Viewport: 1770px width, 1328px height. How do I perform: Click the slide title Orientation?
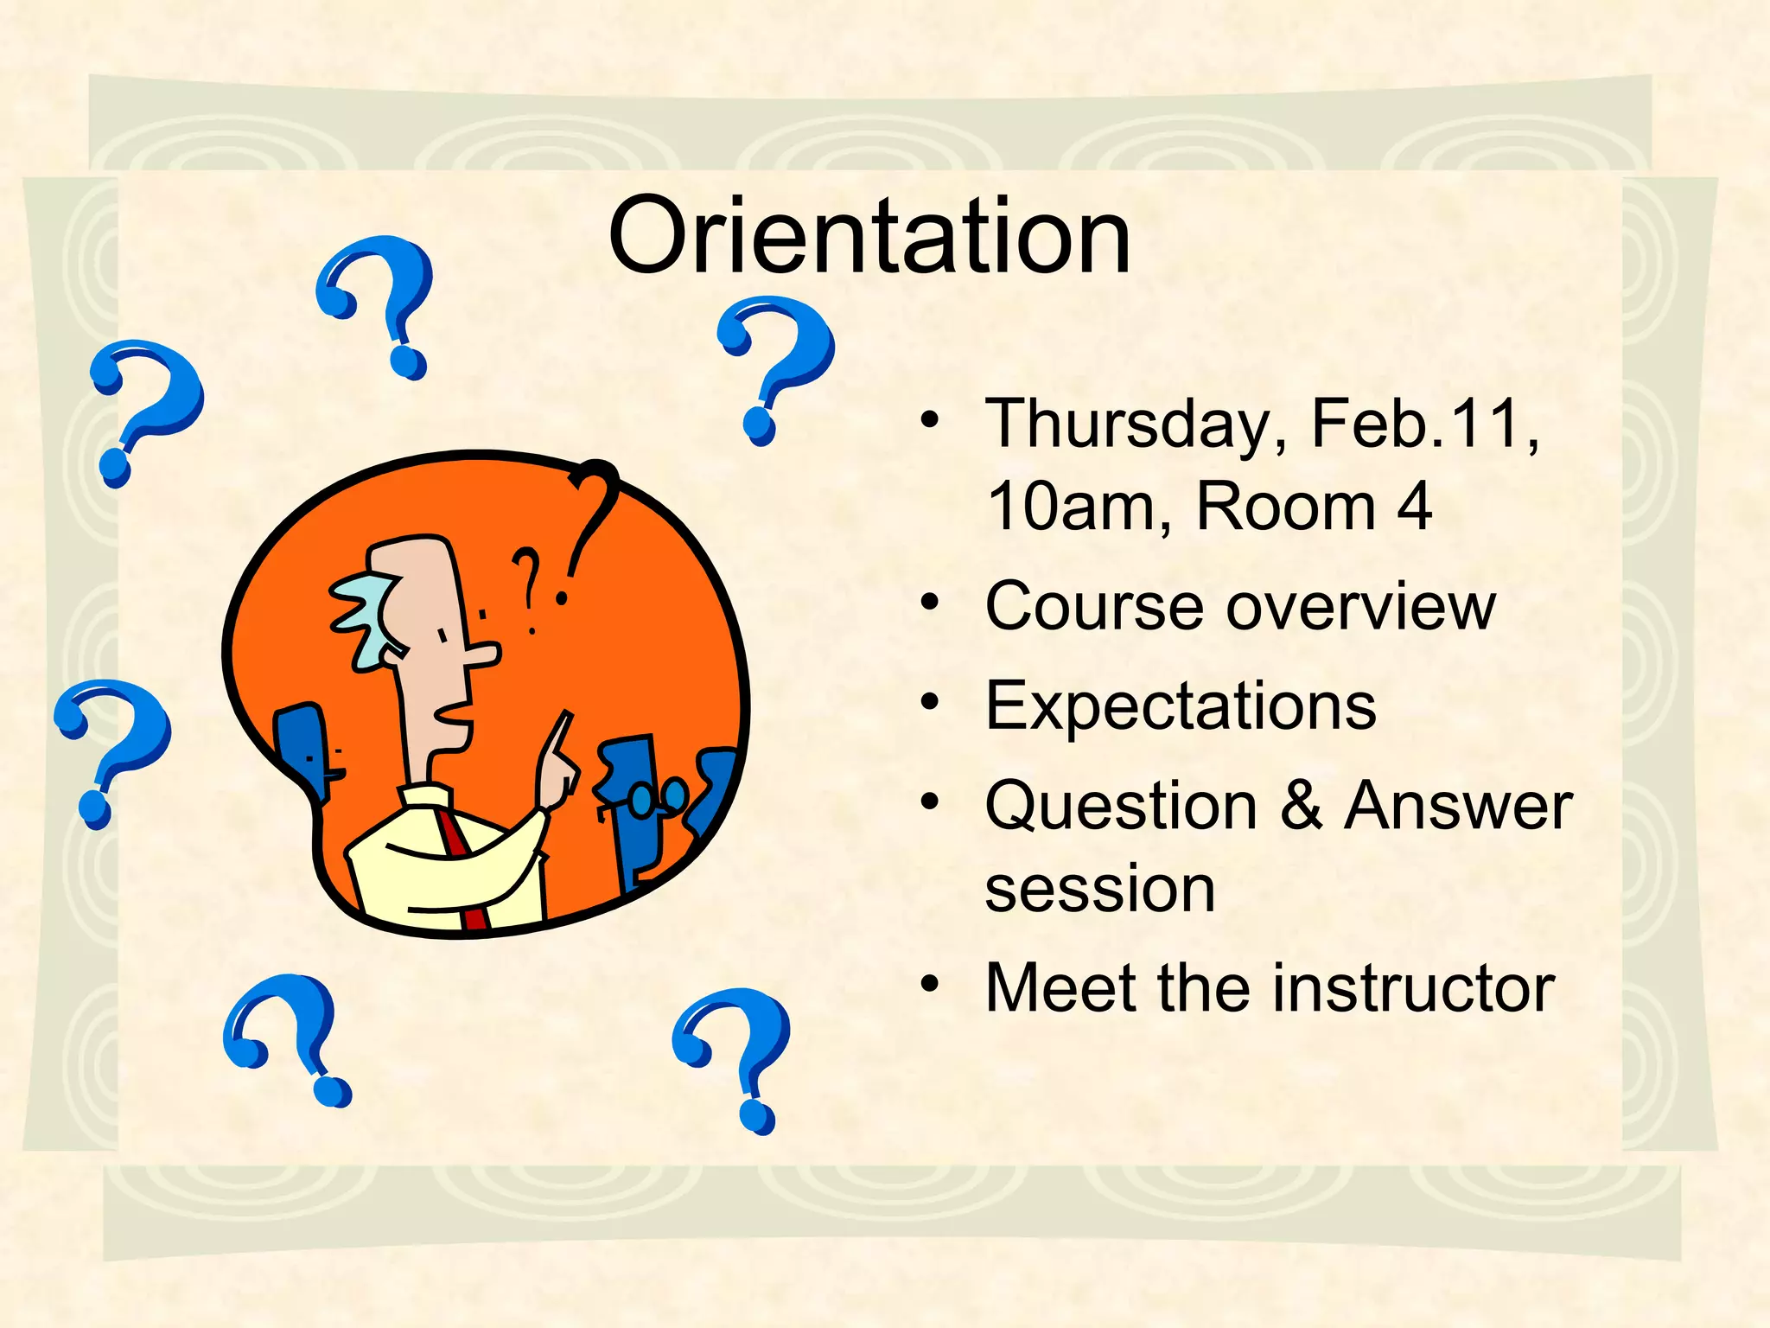point(869,236)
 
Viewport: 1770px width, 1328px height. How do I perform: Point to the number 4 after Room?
point(1414,507)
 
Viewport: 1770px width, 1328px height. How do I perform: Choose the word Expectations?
point(1180,706)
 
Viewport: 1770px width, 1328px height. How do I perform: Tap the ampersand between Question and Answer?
point(1302,805)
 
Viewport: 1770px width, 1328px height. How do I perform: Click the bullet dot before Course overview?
point(929,602)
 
